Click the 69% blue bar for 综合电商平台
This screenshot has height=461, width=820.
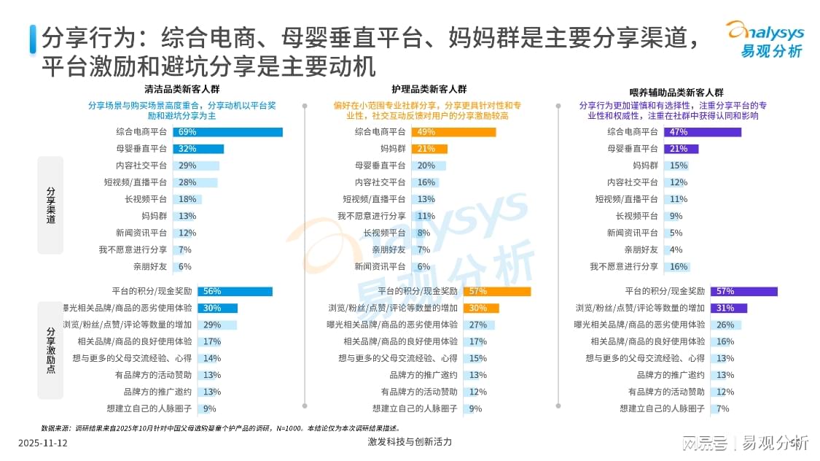tap(227, 132)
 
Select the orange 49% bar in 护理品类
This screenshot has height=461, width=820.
tap(453, 132)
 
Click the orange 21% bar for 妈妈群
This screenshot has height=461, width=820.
tap(429, 149)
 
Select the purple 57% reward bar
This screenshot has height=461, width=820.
tap(743, 291)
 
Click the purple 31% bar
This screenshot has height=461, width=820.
tap(728, 308)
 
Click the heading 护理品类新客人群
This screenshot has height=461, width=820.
tap(429, 90)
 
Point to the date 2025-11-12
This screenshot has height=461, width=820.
tap(42, 443)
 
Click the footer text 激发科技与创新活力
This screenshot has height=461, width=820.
tap(410, 443)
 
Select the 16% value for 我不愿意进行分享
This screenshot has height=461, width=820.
tap(678, 267)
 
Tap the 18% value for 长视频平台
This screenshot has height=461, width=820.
tap(187, 199)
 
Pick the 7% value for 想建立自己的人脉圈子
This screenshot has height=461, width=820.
tap(722, 408)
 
